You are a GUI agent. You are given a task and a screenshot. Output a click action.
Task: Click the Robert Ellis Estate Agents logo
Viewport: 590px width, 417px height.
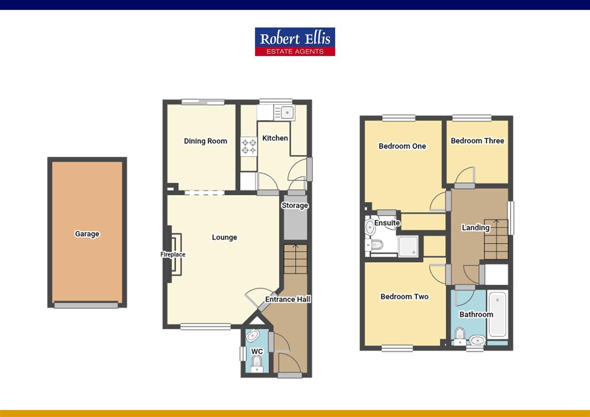pos(295,41)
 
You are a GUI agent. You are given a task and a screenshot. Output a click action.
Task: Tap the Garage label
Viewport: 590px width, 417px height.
pos(87,234)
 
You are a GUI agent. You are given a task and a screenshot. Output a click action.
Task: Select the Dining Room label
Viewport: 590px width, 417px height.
pos(205,141)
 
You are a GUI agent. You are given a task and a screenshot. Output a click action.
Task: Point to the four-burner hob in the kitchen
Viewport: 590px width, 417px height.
pos(249,147)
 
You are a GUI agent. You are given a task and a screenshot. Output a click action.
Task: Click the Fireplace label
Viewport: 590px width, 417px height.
pos(173,254)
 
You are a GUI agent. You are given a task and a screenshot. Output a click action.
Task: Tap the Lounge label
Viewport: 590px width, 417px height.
pos(224,237)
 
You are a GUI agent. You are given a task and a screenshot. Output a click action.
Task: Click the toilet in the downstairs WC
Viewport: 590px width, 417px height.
pos(257,363)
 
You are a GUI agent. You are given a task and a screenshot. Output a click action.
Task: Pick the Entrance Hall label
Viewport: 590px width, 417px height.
pos(288,299)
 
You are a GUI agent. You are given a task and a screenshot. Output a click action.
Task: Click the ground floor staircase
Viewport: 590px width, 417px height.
pos(295,259)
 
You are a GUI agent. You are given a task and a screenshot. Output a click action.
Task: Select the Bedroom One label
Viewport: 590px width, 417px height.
pos(402,146)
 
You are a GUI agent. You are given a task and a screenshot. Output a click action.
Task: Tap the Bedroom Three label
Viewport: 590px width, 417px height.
pos(477,141)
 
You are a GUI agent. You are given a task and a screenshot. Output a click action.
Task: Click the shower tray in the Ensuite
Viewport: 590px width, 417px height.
pos(408,246)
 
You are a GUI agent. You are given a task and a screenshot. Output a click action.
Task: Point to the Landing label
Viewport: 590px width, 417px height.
pos(475,227)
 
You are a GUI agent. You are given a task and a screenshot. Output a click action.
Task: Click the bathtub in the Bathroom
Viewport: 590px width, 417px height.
pos(497,314)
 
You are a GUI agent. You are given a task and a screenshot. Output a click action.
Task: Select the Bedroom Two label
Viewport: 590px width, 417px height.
pos(404,297)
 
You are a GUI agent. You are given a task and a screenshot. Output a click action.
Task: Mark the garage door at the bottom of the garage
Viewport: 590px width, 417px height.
pos(86,305)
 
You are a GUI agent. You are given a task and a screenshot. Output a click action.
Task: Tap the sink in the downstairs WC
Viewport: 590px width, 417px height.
pos(253,336)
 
